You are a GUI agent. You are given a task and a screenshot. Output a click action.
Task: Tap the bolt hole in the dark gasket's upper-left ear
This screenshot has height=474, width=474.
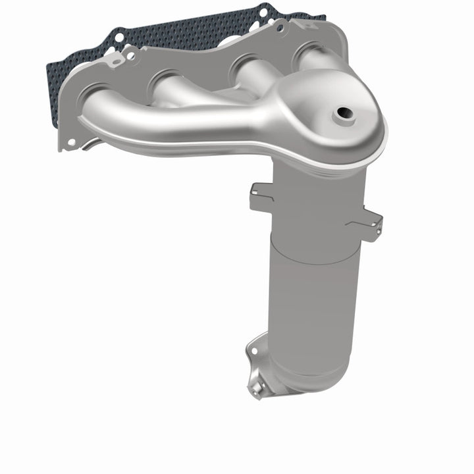point(118,39)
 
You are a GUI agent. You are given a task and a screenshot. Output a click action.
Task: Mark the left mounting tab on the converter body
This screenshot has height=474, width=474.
point(259,196)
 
